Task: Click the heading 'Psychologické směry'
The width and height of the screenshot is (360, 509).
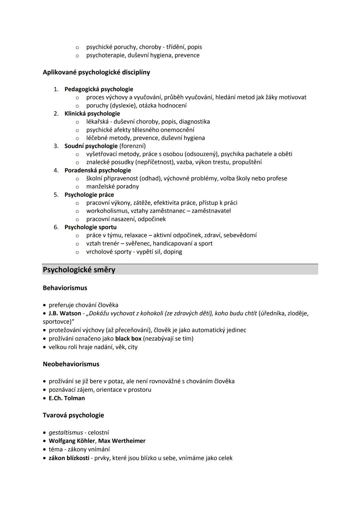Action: (79, 270)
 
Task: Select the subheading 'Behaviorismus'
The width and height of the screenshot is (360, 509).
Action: (65, 288)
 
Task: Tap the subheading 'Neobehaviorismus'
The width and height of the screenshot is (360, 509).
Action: (71, 364)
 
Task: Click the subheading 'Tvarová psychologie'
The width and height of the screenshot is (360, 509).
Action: (73, 415)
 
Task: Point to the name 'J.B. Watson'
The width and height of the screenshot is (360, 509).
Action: (65, 313)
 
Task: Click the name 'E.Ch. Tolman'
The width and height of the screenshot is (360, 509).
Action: (67, 398)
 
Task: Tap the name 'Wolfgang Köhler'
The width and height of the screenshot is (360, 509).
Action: (72, 441)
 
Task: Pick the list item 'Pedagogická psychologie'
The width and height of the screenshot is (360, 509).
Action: (99, 89)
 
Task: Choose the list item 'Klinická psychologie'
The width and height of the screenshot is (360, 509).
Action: (92, 114)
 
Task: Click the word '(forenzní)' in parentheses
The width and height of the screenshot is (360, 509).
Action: (132, 146)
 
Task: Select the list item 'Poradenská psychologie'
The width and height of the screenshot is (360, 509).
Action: (98, 170)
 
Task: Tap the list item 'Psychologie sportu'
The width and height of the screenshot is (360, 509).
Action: (90, 227)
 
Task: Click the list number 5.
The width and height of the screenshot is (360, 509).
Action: (56, 195)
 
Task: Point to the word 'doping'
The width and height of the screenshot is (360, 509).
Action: (173, 252)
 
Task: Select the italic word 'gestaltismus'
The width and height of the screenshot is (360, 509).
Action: (66, 433)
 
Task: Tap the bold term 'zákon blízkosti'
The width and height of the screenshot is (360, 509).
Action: (69, 458)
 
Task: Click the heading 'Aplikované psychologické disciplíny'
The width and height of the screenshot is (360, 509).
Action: (96, 72)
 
